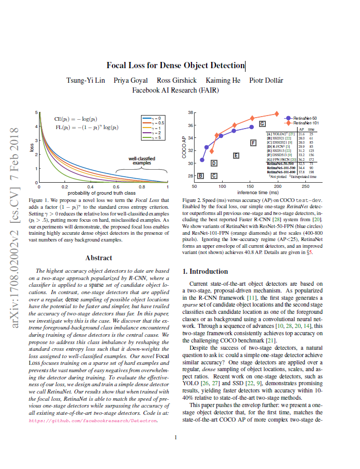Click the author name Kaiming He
click(x=223, y=81)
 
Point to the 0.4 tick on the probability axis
click(x=91, y=186)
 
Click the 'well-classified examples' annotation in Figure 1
click(x=142, y=160)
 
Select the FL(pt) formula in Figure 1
click(x=86, y=127)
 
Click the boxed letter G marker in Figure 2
click(x=262, y=124)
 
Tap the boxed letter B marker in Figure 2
click(x=200, y=176)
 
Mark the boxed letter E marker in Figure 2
click(x=236, y=155)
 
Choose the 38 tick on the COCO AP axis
click(x=190, y=112)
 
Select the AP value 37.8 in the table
click(x=301, y=171)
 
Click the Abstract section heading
click(x=98, y=258)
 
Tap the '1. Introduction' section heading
click(x=206, y=271)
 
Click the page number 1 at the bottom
click(x=176, y=437)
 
